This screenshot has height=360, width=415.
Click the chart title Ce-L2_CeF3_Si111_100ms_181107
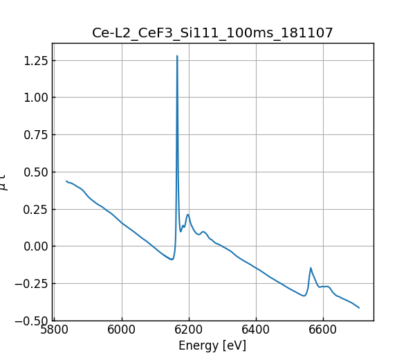[x=212, y=33]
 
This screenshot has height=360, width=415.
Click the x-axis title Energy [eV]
[x=212, y=345]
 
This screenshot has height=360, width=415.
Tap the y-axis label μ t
[x=4, y=182]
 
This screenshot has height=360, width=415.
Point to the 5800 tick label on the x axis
[x=55, y=330]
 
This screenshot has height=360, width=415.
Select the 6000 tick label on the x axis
[x=122, y=330]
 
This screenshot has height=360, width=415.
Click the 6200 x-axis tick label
[x=189, y=330]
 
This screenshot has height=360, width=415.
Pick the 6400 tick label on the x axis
[x=256, y=330]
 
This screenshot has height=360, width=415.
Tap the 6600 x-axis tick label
[x=323, y=330]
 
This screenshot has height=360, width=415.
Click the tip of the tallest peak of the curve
[x=177, y=56]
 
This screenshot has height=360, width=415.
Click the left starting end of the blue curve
[x=66, y=181]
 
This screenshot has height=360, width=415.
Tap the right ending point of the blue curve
[x=359, y=307]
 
